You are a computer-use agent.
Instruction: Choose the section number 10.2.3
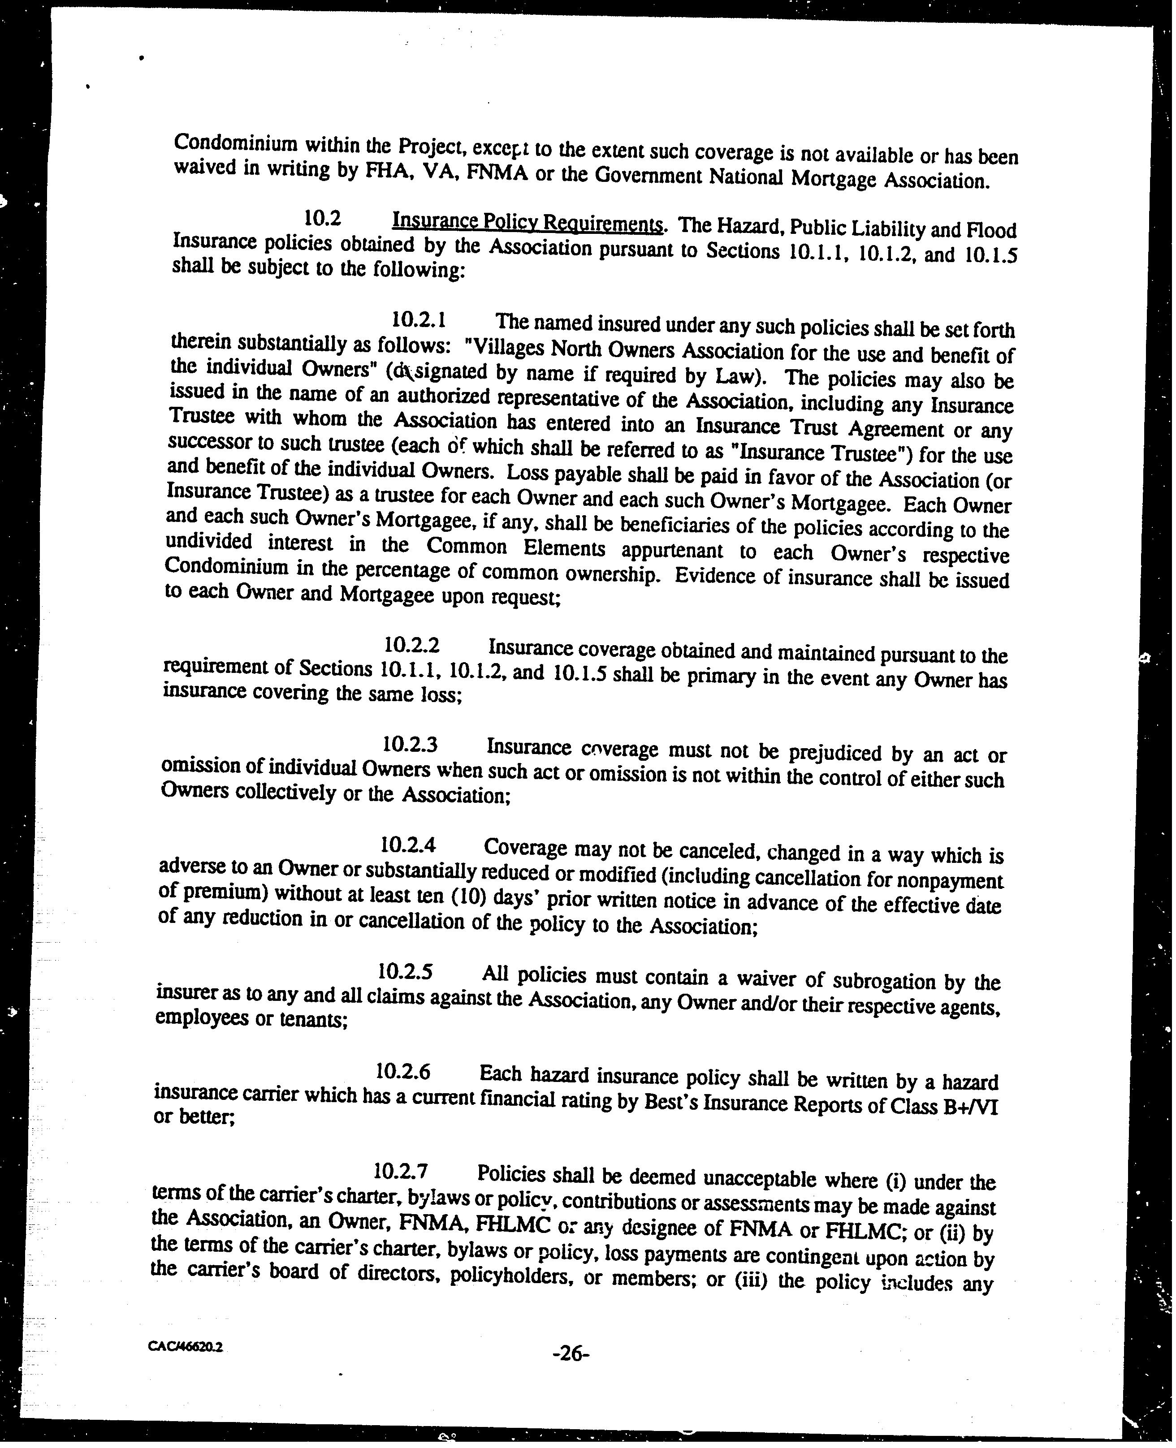pyautogui.click(x=409, y=744)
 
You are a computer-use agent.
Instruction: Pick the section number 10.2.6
pyautogui.click(x=403, y=1071)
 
